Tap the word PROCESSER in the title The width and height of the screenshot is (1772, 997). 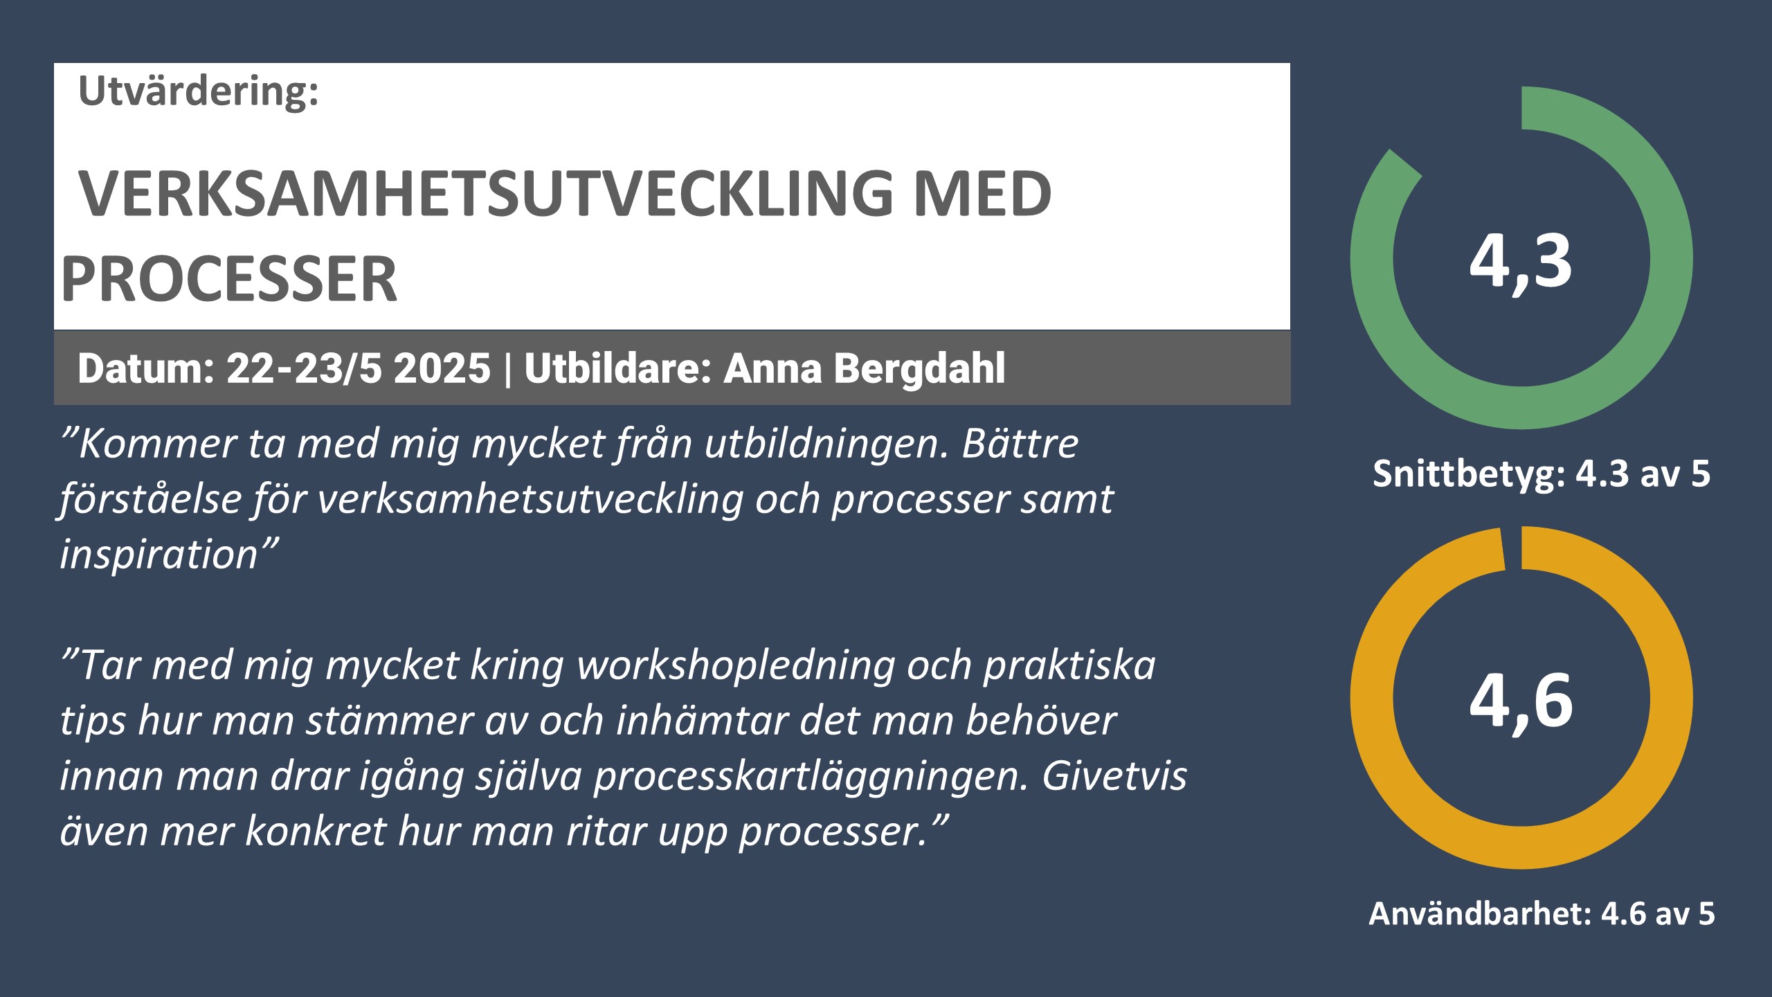point(229,278)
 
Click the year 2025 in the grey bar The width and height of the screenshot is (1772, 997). point(442,368)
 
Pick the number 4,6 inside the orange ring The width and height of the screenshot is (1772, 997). point(1521,701)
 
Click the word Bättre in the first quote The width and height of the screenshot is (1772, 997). point(1020,443)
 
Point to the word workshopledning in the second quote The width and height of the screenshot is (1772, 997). point(736,665)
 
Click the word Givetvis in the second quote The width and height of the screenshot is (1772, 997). point(1115,775)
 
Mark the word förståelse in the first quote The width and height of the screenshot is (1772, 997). point(150,499)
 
